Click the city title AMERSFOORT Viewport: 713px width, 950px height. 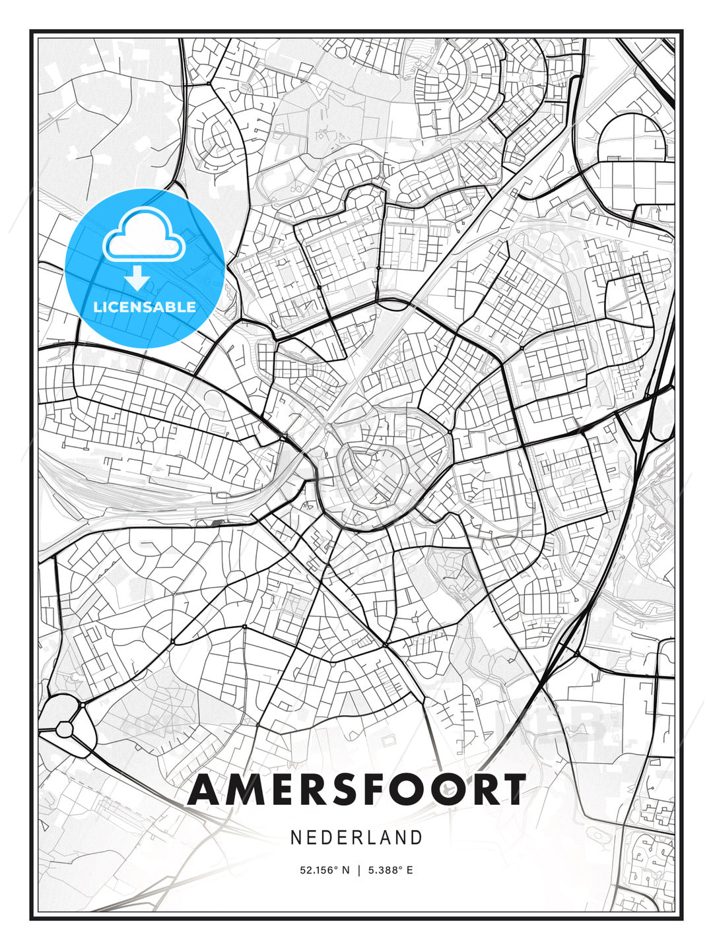pyautogui.click(x=356, y=790)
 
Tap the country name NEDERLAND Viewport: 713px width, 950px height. pyautogui.click(x=356, y=837)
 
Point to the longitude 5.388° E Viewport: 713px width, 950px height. pyautogui.click(x=391, y=870)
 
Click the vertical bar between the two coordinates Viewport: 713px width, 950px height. pyautogui.click(x=358, y=870)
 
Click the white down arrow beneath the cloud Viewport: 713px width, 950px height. pyautogui.click(x=137, y=278)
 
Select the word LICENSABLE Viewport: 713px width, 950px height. pyautogui.click(x=145, y=307)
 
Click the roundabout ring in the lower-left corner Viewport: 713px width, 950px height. pyautogui.click(x=65, y=729)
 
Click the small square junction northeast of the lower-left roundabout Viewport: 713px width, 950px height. pyautogui.click(x=83, y=705)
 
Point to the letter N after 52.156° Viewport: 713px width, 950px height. pyautogui.click(x=344, y=870)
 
